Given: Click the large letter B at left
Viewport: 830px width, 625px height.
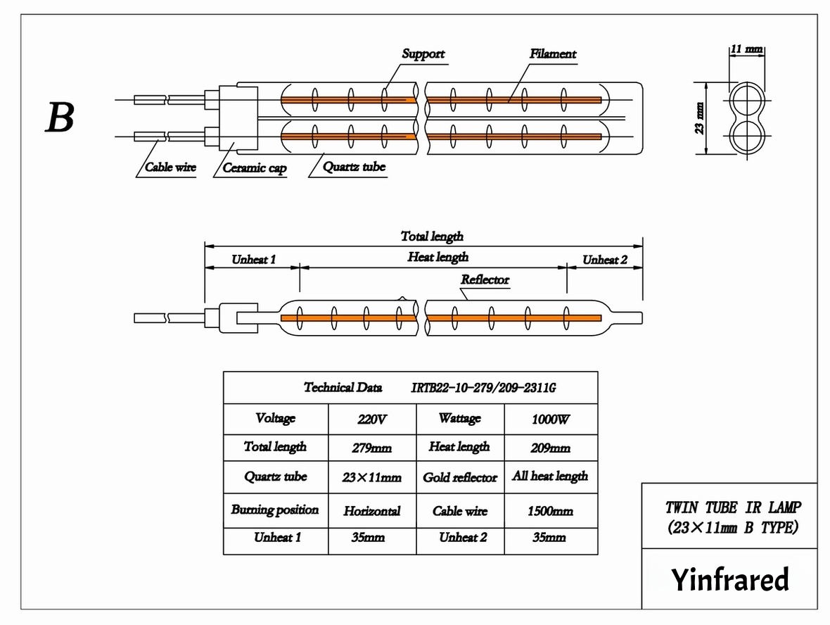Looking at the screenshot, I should coord(60,118).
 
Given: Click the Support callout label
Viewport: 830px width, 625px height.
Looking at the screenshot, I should coord(423,54).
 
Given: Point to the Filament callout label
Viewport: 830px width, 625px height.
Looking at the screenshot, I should coord(553,54).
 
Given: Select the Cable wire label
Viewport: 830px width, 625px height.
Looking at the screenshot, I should coord(170,168).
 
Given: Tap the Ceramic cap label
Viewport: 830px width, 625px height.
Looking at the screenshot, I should coord(254,168).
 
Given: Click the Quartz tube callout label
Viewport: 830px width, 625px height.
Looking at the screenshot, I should coord(355,168).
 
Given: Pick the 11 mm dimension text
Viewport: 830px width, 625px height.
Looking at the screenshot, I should coord(746,49).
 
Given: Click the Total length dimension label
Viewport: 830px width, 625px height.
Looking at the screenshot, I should coord(432,236).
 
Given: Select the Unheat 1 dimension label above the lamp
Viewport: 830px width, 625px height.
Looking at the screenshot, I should coord(253,260).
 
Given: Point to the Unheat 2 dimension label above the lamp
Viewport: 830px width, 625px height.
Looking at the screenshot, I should coord(605,260).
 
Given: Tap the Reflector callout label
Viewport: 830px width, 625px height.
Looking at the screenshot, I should coord(485,280).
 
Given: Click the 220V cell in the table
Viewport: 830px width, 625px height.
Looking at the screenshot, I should coord(372,419).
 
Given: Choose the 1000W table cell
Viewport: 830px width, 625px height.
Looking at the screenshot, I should coord(551,419).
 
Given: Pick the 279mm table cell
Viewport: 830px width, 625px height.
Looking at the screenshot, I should coord(372,448).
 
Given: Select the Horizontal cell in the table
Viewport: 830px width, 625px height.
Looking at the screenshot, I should coord(372,511).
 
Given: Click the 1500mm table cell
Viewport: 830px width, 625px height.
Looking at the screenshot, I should coord(551,511).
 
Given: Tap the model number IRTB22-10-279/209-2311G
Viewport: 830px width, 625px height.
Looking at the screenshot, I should coord(483,388).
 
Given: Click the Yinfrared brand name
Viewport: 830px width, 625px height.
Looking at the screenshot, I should coord(729,580).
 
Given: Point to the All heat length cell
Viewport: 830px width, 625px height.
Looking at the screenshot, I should coord(550,476).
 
